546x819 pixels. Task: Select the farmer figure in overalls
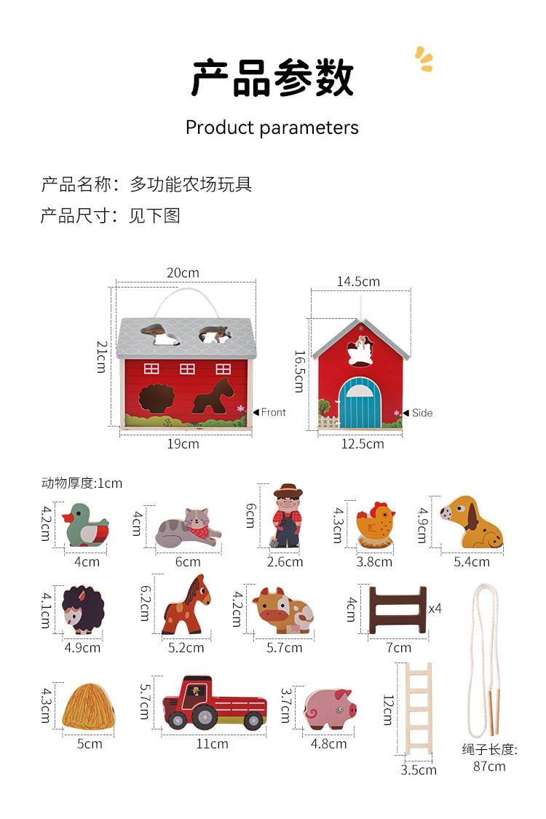click(287, 516)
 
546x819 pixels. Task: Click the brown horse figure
click(186, 605)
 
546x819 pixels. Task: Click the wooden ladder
click(419, 710)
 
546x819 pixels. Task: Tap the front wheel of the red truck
click(178, 720)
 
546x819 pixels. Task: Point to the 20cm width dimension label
click(183, 273)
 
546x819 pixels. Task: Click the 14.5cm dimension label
click(358, 281)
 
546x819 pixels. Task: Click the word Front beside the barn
click(274, 412)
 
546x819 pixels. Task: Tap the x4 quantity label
click(435, 607)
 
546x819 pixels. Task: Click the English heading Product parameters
click(272, 127)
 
